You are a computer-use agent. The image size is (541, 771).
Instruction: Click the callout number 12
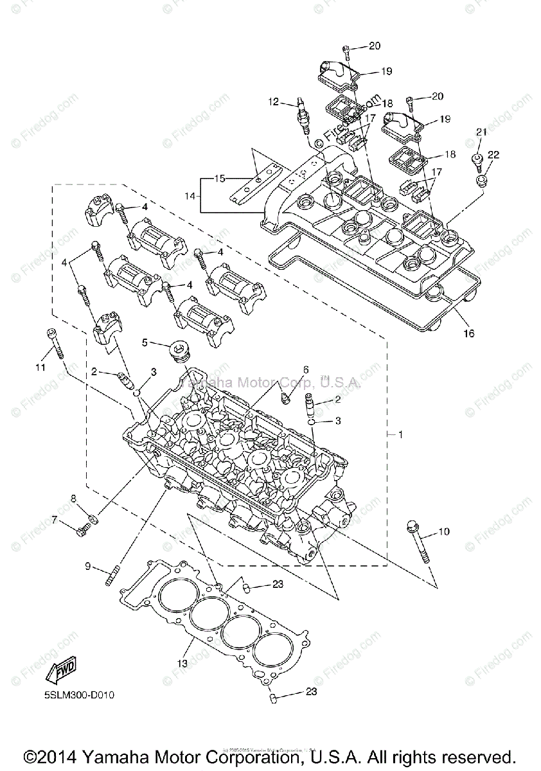pyautogui.click(x=273, y=101)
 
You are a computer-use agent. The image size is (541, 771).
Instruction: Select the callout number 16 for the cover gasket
pyautogui.click(x=468, y=333)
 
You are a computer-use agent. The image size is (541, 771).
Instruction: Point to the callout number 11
pyautogui.click(x=40, y=367)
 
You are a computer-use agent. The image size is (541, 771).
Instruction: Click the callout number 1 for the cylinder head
pyautogui.click(x=400, y=435)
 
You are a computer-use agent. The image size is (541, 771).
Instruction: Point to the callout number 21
pyautogui.click(x=482, y=132)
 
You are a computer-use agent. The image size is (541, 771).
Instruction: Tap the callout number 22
pyautogui.click(x=493, y=154)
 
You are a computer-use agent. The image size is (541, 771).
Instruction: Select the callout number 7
pyautogui.click(x=55, y=518)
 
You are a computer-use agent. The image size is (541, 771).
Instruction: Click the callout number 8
pyautogui.click(x=74, y=498)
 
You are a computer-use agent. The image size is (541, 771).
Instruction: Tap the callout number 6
pyautogui.click(x=306, y=369)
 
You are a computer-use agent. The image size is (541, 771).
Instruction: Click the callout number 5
pyautogui.click(x=145, y=342)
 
